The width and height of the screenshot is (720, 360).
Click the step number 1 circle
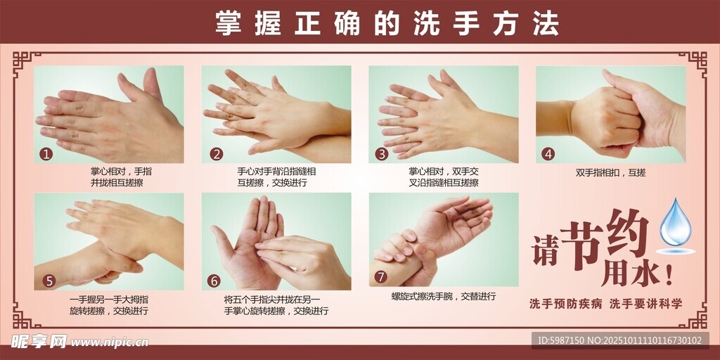point(46,154)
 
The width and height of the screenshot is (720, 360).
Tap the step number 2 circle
point(217,154)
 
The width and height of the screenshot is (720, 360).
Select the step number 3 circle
point(382,154)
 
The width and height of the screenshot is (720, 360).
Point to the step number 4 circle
point(548,154)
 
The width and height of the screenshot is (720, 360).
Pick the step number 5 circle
point(49,281)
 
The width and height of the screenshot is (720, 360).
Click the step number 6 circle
point(214,281)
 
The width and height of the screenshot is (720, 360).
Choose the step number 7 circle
point(381,276)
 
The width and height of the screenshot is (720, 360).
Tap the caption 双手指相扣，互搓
point(610,172)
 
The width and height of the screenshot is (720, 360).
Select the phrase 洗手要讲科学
point(645,304)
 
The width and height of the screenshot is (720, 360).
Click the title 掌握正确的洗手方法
point(387,24)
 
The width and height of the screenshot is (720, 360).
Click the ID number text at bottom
point(619,341)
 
